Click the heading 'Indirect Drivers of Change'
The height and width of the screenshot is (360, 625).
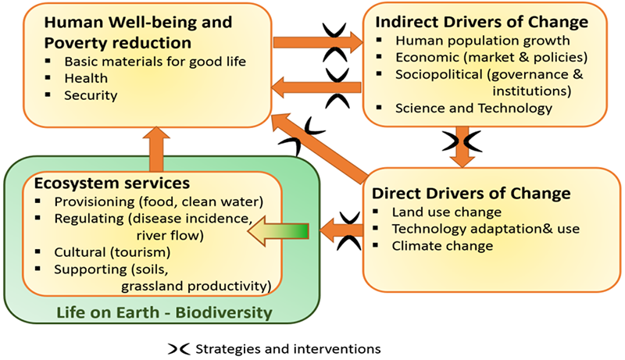(x=481, y=22)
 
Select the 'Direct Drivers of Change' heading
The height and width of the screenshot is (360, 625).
(x=471, y=193)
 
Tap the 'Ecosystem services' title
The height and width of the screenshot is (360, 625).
(x=112, y=184)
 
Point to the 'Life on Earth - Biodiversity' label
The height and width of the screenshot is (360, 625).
(x=164, y=312)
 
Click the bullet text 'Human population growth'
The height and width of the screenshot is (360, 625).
(x=483, y=41)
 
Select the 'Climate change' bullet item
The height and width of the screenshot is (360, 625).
(x=442, y=246)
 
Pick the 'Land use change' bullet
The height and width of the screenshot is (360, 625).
(x=447, y=212)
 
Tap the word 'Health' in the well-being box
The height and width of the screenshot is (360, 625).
(x=86, y=78)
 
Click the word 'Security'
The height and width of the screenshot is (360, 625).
(x=91, y=95)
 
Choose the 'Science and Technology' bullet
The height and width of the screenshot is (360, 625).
(x=474, y=109)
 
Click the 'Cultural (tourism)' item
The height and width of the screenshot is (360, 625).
(x=112, y=252)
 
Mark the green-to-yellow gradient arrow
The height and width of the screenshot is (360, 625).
(x=278, y=231)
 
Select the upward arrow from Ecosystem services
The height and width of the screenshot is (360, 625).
(x=156, y=149)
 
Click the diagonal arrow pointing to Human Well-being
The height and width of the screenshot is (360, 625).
(x=320, y=148)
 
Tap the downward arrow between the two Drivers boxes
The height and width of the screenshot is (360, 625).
(x=462, y=147)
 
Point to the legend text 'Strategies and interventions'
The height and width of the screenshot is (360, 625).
(x=288, y=349)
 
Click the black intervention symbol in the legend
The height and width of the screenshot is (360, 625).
(x=179, y=349)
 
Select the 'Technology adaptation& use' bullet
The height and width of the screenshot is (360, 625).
(x=486, y=229)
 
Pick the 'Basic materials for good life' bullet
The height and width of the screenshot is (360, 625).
(x=155, y=62)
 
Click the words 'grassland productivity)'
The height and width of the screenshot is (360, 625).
(x=197, y=287)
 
